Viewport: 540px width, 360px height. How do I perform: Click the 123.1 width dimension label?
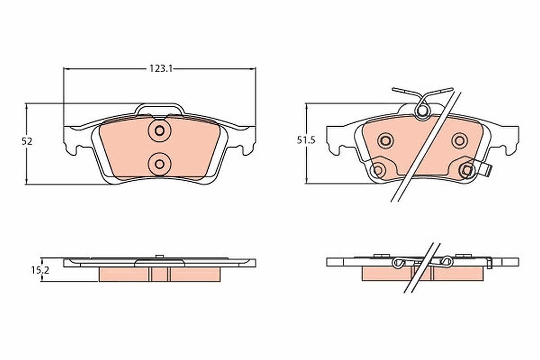pyautogui.click(x=161, y=69)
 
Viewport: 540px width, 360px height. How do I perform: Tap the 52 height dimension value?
pyautogui.click(x=27, y=141)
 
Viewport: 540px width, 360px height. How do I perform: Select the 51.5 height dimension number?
pyautogui.click(x=306, y=140)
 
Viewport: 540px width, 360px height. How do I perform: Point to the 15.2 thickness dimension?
pyautogui.click(x=40, y=270)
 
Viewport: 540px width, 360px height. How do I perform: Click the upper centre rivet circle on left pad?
pyautogui.click(x=159, y=130)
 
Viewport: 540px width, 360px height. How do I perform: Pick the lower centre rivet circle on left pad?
pyautogui.click(x=159, y=164)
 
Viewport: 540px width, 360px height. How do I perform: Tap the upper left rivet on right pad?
pyautogui.click(x=386, y=141)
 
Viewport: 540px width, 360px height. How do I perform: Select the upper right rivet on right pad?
pyautogui.click(x=459, y=141)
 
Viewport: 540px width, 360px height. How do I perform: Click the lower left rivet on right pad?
pyautogui.click(x=378, y=170)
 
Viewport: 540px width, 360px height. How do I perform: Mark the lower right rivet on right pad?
pyautogui.click(x=467, y=170)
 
